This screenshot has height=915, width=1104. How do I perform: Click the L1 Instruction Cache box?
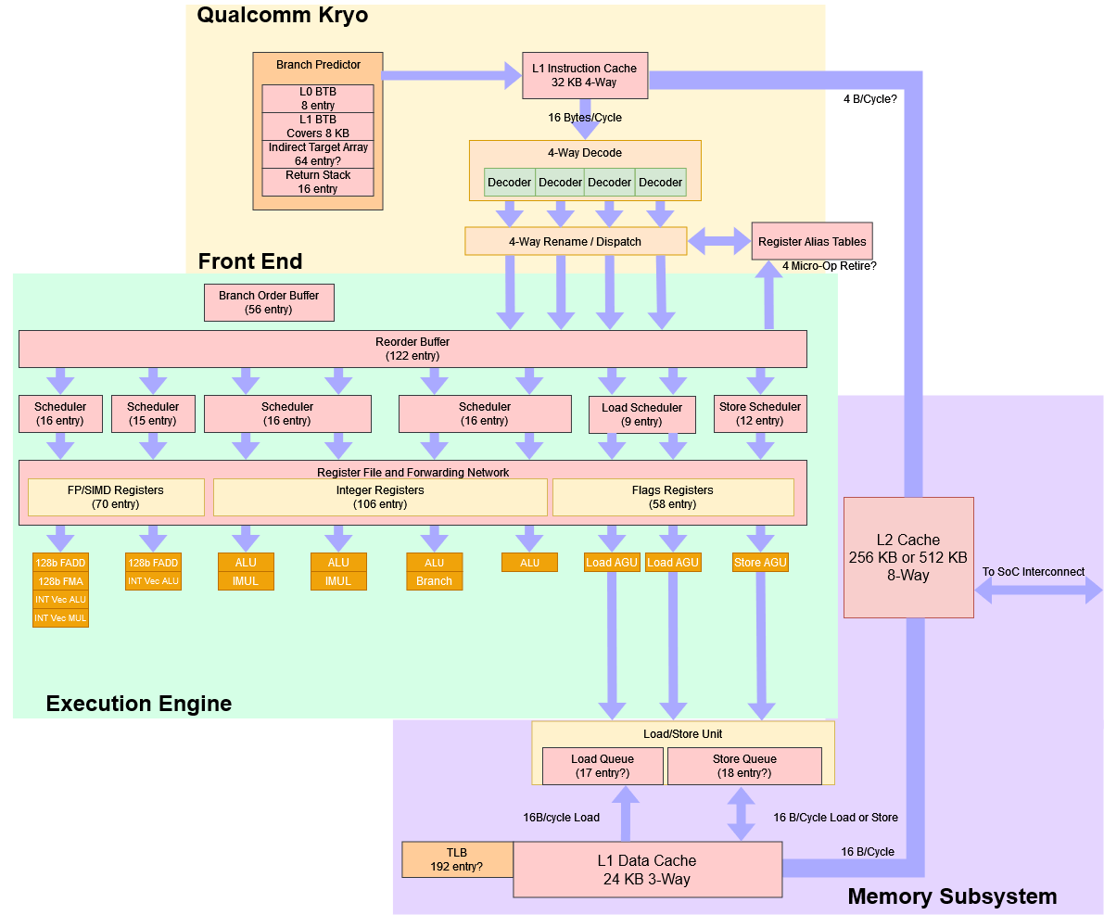pos(584,75)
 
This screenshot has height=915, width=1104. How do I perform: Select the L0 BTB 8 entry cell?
pos(318,98)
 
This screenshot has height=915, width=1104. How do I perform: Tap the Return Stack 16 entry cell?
pos(318,182)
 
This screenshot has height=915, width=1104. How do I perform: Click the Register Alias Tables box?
pos(812,241)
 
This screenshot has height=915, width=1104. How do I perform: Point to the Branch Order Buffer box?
pos(269,302)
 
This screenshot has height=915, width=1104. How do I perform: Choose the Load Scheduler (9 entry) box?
pos(641,414)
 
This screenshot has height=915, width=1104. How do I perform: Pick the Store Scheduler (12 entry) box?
pos(760,413)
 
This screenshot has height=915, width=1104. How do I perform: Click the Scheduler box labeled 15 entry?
pos(153,413)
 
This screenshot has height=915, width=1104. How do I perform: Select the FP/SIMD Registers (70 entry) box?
pos(116,497)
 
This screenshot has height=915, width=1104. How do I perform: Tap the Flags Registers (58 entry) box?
pos(673,497)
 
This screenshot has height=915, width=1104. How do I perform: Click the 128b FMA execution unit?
pos(60,581)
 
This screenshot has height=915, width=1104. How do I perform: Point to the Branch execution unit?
pos(434,581)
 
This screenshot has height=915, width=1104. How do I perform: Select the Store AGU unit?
pos(760,563)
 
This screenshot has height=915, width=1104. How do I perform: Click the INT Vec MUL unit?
pos(60,618)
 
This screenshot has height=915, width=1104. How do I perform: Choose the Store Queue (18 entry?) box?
pos(744,766)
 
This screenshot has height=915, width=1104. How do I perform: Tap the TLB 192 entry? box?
pos(457,859)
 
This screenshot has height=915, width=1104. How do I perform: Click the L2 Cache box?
pos(907,557)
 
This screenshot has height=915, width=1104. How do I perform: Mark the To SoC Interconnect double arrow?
pos(1039,590)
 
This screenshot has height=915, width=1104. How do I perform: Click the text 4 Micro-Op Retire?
pos(830,266)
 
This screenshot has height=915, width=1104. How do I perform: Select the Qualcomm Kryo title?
pos(282,15)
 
